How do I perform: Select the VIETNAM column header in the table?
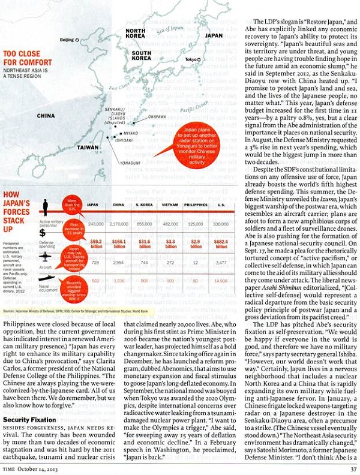point(170,205)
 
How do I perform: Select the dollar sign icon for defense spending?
point(43,233)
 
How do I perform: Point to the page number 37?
point(353,468)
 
